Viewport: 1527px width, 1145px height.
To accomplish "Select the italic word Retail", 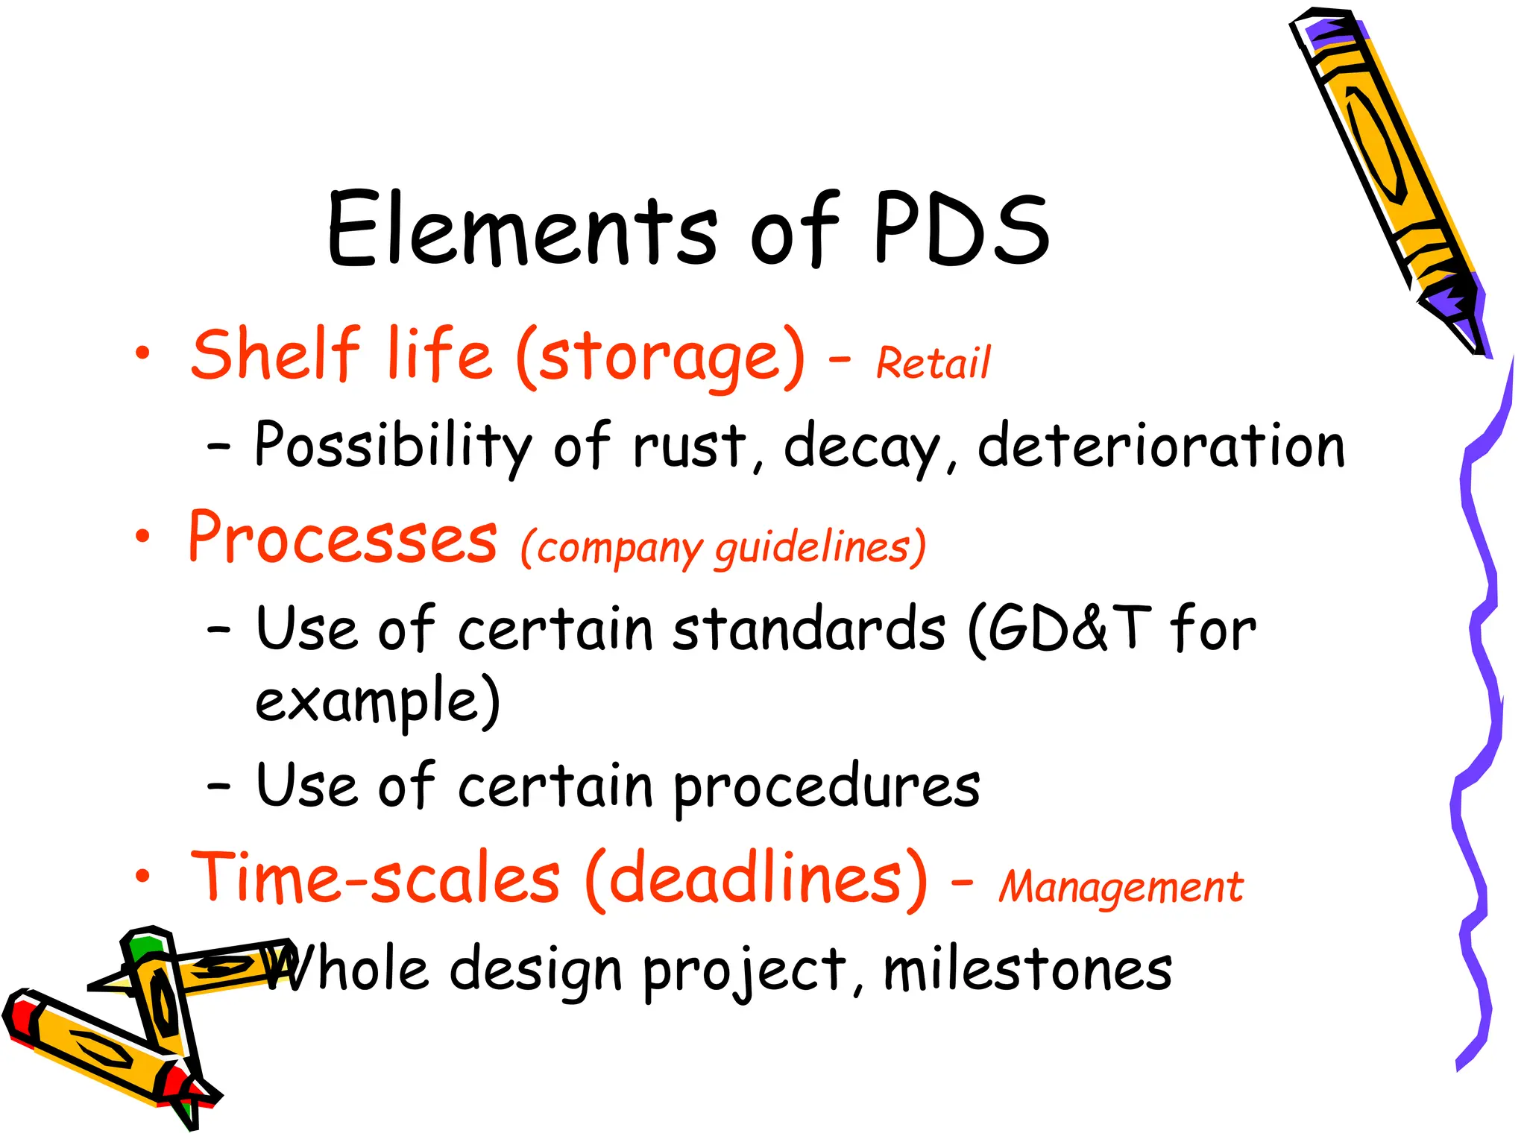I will coord(933,363).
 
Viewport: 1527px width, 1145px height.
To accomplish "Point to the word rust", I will coord(690,446).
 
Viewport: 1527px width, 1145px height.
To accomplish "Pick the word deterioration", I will coord(1161,446).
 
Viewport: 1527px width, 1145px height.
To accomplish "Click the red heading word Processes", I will coord(342,538).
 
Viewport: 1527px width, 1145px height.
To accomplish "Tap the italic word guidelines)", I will coord(820,548).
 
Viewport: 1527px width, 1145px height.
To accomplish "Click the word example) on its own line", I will coord(377,701).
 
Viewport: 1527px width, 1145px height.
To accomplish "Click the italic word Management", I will coord(1121,887).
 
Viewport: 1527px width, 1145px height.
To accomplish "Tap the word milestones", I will coord(1027,971).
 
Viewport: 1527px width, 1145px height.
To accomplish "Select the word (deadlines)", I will coord(757,880).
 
